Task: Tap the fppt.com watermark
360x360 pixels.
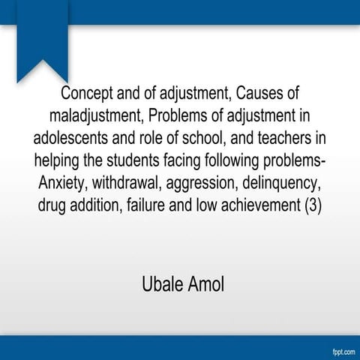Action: pos(339,350)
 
